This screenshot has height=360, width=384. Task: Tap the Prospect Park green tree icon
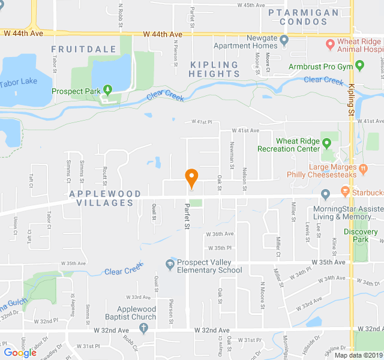tap(108, 90)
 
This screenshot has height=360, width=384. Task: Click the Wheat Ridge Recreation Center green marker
tap(327, 142)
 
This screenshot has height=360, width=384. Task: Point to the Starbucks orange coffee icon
tap(345, 191)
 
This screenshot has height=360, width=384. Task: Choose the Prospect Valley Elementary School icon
tap(170, 263)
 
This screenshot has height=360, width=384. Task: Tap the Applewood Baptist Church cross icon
tap(143, 328)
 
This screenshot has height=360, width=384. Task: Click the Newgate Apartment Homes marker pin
tap(284, 41)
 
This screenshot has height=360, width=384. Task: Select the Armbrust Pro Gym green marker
tap(359, 65)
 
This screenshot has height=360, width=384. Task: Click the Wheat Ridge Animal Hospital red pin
tap(329, 44)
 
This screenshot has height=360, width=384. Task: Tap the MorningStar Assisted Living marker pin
tap(325, 194)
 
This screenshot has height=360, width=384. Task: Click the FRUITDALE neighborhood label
tap(74, 49)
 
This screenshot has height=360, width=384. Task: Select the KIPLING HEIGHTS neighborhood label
tap(214, 69)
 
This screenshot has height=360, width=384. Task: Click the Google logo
tap(20, 353)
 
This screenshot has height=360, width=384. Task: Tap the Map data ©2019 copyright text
tap(358, 355)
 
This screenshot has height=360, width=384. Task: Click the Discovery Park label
tap(361, 235)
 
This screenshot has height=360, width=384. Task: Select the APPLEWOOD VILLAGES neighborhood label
tap(105, 198)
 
